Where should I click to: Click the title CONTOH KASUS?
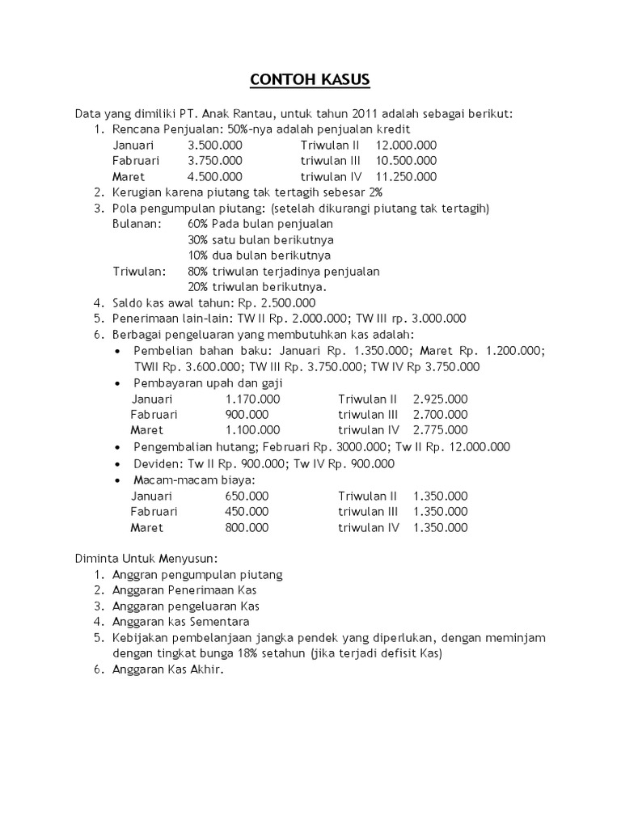(310, 79)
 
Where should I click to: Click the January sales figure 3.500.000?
(214, 145)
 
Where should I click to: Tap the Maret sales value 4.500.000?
(214, 176)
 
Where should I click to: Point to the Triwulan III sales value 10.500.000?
(406, 161)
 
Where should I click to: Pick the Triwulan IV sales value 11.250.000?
(406, 176)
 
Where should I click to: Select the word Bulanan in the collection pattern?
(137, 224)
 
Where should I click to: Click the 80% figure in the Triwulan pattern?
(197, 271)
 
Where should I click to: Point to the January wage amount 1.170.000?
(253, 399)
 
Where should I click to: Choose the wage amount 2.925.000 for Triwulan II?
(440, 399)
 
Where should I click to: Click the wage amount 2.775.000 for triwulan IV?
(440, 430)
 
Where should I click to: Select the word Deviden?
(158, 463)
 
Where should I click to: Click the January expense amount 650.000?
(247, 496)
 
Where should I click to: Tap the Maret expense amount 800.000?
(247, 527)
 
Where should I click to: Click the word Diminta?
(97, 558)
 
